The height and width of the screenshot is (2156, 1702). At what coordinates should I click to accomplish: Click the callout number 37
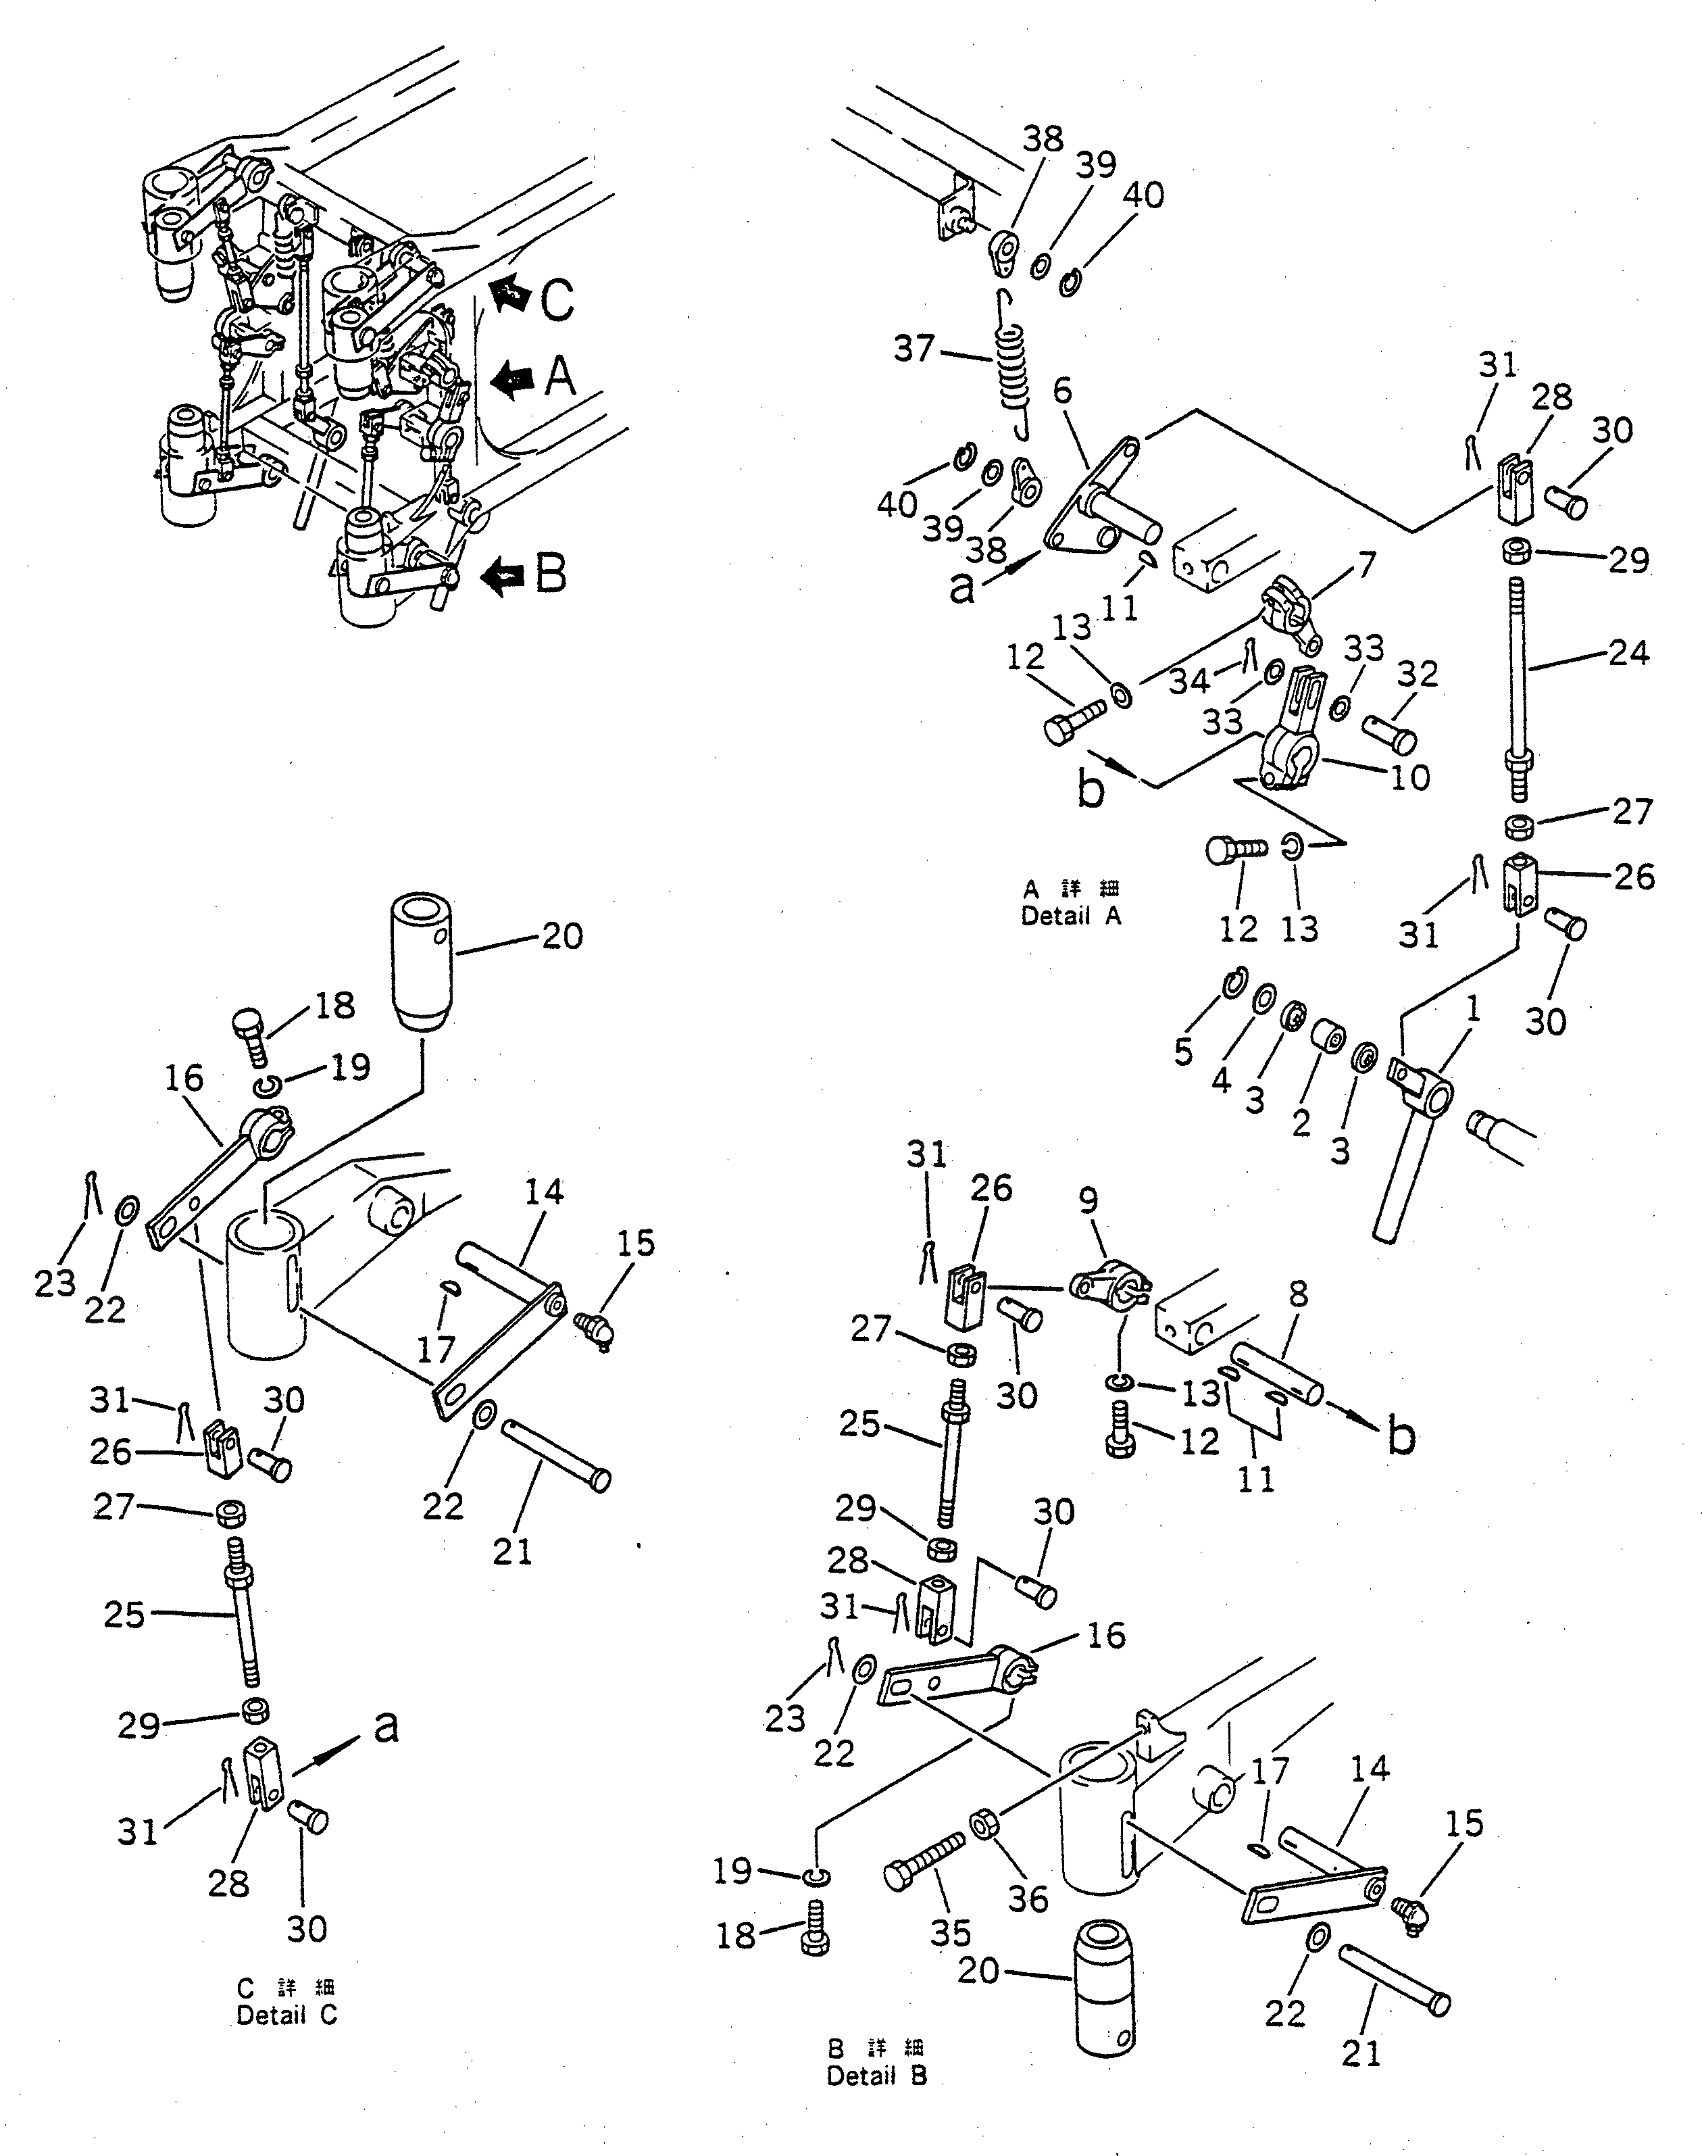click(x=913, y=349)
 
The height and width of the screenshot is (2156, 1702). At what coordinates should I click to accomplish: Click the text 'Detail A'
click(x=1070, y=916)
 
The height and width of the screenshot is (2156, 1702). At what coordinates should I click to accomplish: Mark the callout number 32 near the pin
click(x=1417, y=675)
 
